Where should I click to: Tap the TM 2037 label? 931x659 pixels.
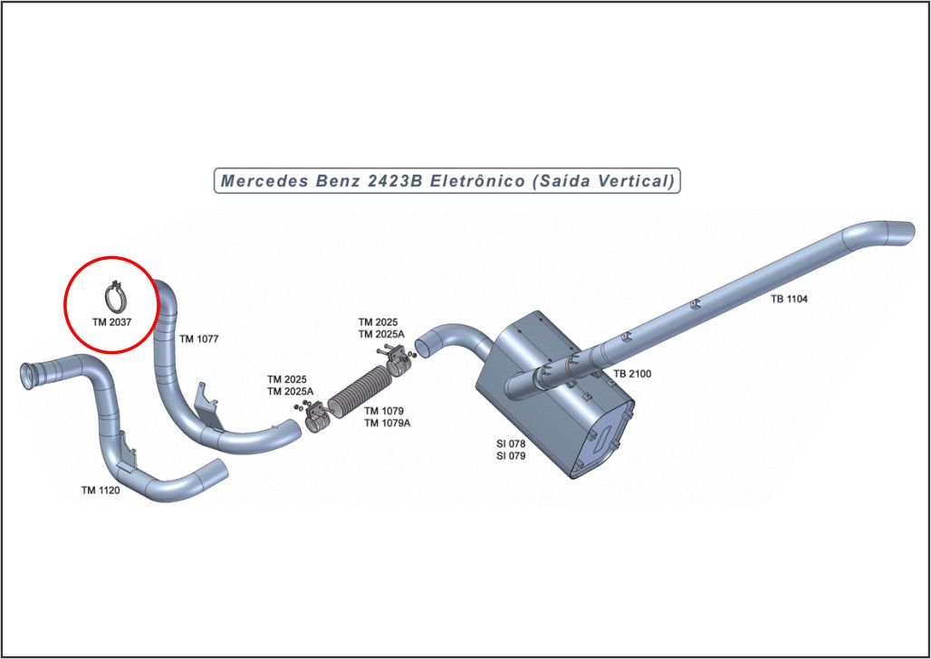(111, 320)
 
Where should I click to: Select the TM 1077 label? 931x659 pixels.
(199, 339)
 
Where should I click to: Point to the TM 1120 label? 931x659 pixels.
(101, 490)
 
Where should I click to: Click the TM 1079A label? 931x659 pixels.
(387, 423)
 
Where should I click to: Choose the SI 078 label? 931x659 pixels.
(511, 444)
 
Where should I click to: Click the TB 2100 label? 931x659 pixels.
(632, 374)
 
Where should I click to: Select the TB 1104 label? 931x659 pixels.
(790, 298)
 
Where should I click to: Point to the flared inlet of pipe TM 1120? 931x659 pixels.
(30, 374)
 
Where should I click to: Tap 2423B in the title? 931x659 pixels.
(395, 181)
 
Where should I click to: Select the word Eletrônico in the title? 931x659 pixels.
(477, 181)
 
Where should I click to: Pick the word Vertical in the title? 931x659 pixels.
(638, 181)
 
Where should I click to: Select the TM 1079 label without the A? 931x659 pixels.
(383, 411)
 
